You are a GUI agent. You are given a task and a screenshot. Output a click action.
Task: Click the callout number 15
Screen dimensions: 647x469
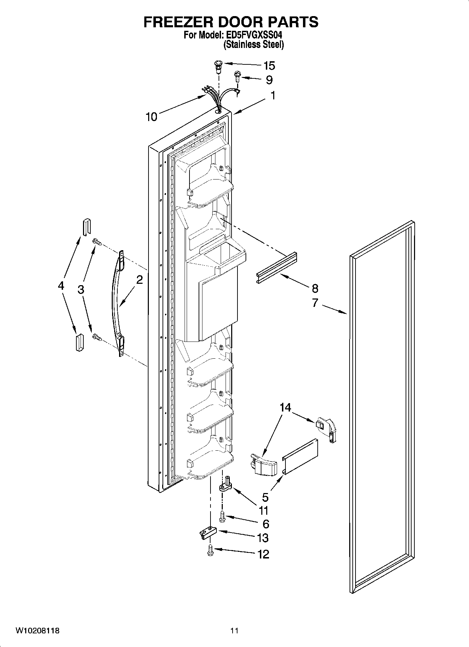pos(269,66)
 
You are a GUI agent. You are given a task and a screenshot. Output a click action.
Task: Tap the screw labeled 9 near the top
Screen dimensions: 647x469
pos(237,76)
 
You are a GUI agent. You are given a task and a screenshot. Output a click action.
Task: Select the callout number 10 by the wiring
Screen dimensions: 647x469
pos(151,117)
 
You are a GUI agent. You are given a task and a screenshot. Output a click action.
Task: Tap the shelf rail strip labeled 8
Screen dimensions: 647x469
pos(277,268)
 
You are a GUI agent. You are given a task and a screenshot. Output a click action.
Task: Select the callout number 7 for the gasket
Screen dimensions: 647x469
pos(315,303)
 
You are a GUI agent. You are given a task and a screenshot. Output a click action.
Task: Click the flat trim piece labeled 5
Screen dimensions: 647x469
pos(301,457)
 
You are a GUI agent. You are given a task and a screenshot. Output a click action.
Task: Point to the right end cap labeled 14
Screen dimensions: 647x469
pos(326,429)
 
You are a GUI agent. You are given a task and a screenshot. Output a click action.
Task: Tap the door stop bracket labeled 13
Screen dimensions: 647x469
pos(208,533)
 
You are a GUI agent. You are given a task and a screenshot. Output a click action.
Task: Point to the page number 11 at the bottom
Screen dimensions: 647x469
pos(234,631)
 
